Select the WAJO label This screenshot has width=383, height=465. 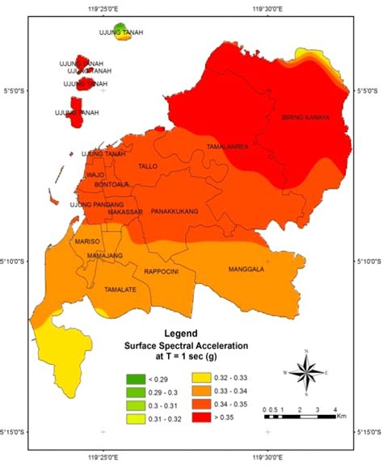point(96,174)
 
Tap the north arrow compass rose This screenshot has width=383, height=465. point(306,372)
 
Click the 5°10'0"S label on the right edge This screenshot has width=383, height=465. point(368,262)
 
